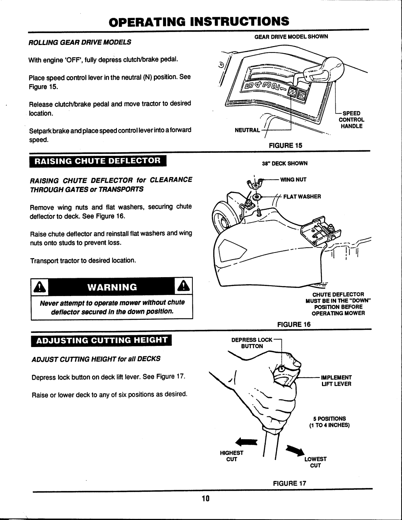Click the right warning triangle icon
183,287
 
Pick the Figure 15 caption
288,145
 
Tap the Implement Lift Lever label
336,380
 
